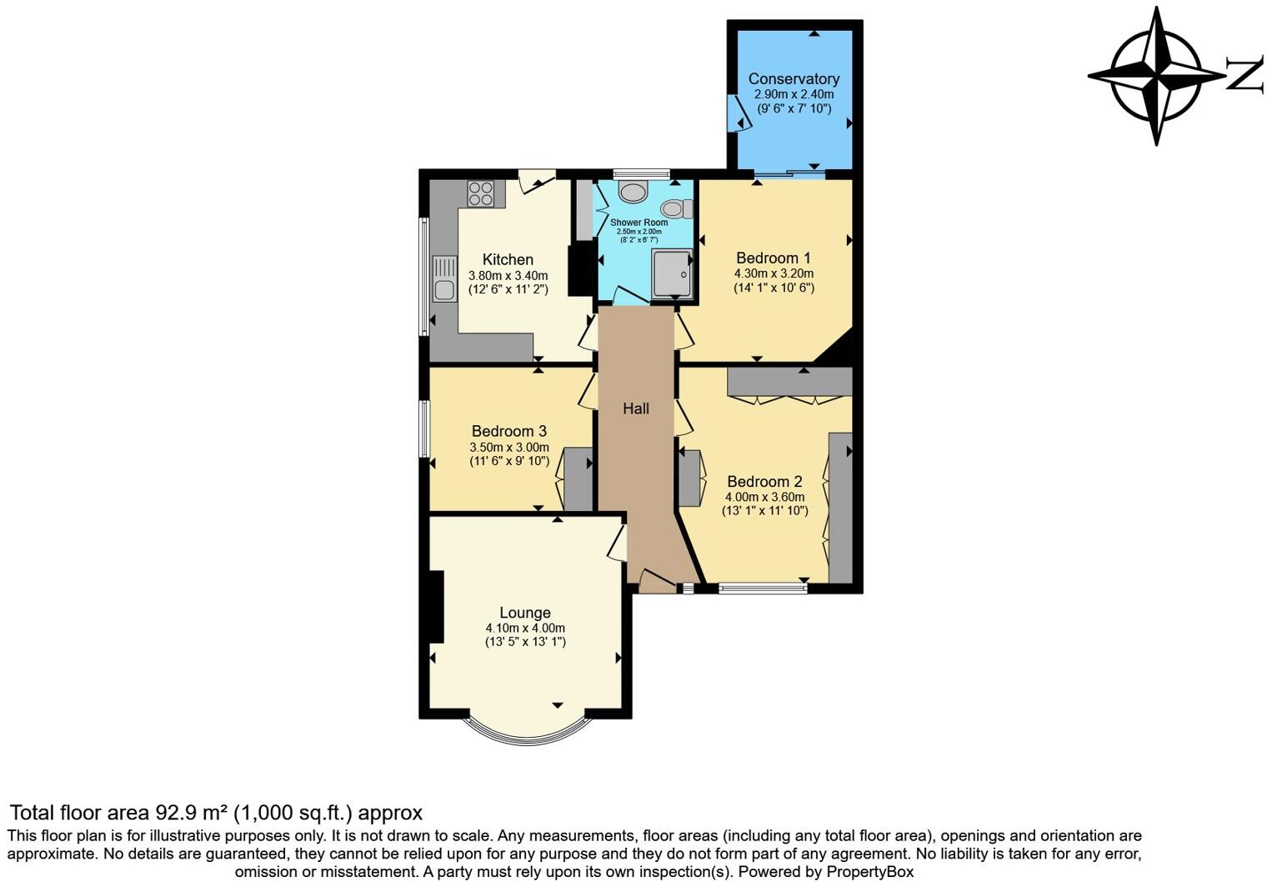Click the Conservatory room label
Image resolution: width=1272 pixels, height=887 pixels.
794,79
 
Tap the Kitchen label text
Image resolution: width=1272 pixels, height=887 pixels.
508,259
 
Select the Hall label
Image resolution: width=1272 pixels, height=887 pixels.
636,408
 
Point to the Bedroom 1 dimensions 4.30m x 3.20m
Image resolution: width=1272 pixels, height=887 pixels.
774,273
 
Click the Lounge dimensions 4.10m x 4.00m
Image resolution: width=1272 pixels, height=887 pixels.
525,628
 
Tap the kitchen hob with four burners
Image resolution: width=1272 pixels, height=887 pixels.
481,193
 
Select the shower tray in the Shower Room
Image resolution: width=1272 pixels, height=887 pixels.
672,273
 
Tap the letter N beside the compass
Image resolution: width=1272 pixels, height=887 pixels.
1244,76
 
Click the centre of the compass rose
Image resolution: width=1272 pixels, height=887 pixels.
1156,76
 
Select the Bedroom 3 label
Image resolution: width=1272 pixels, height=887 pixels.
508,431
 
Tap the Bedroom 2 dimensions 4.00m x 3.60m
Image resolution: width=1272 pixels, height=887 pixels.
764,497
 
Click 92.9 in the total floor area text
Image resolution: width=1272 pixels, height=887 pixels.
176,813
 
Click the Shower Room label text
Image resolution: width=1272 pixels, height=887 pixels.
639,223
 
